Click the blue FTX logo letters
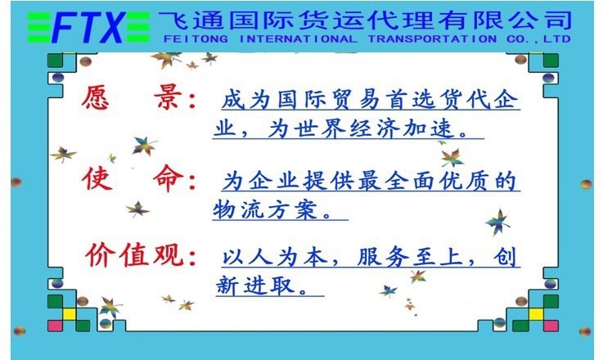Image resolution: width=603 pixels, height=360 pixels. pos(88,27)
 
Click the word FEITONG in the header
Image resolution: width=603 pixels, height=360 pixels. pos(196,39)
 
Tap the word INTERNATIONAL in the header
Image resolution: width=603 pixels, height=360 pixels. pos(298,39)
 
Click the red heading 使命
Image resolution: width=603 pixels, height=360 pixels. pos(132,178)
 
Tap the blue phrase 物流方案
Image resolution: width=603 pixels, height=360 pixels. pos(265,209)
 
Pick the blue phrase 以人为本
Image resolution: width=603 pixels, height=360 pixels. pos(275,257)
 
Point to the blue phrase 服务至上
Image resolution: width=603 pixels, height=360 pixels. pos(410,257)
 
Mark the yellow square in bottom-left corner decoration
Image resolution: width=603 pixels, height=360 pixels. pos(70,314)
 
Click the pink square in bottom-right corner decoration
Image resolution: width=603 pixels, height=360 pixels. pos(551,326)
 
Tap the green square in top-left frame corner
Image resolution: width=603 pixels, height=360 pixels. pos(55,61)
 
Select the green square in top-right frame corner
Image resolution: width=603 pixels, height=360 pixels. pos(551,61)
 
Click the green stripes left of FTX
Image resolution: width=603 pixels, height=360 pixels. pos(39,27)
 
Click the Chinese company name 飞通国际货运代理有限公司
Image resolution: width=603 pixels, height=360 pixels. pos(365,20)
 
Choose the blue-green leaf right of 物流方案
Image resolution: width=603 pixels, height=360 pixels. pos(497,223)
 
